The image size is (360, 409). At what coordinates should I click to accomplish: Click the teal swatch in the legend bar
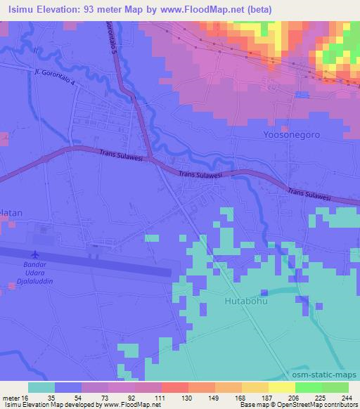click(41, 387)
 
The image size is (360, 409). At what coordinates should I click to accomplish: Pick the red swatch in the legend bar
click(175, 387)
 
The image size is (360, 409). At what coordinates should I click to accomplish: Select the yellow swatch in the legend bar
click(282, 387)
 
